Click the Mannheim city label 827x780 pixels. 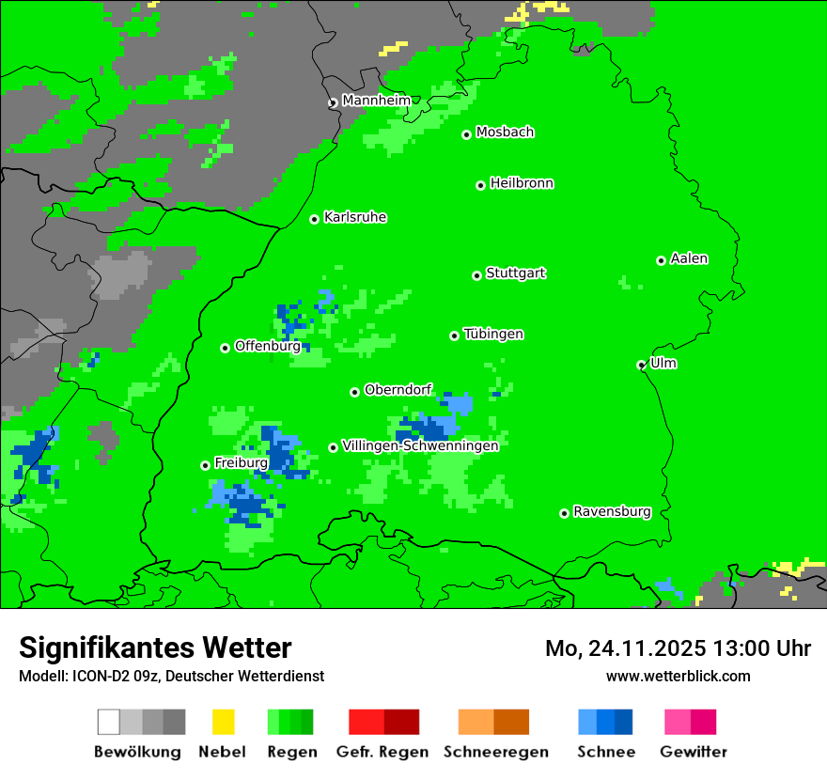[376, 100]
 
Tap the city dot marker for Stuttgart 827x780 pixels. [476, 275]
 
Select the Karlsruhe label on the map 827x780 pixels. [355, 217]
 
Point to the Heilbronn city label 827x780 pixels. [522, 183]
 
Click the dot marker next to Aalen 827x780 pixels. [661, 260]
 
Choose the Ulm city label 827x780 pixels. [663, 363]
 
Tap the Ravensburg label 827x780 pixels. [612, 511]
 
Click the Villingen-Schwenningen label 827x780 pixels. [420, 445]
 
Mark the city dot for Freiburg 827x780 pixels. [205, 465]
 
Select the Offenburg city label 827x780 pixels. [267, 346]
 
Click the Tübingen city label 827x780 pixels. [493, 334]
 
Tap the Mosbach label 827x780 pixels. [505, 132]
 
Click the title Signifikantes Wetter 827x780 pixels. [155, 647]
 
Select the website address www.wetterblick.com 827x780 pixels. [678, 676]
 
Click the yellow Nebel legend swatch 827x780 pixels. [223, 722]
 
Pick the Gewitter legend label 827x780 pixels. [694, 752]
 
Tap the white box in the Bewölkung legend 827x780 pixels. [109, 722]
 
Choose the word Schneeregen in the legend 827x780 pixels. [496, 752]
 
